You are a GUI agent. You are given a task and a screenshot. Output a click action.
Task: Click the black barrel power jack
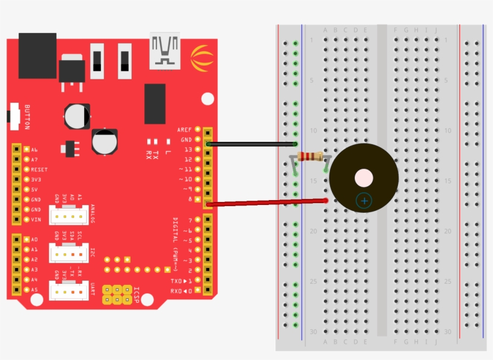(37, 55)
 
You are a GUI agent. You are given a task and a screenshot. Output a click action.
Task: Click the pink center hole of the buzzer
(364, 178)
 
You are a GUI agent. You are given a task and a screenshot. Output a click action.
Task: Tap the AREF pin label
(184, 130)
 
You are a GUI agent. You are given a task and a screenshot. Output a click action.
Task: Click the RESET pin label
(39, 169)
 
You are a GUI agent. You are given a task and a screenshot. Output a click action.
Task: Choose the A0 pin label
(34, 239)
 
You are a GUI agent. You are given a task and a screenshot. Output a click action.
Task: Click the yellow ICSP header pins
(117, 294)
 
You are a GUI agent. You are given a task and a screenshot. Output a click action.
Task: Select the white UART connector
(68, 291)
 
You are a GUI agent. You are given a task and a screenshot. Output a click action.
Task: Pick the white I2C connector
(68, 253)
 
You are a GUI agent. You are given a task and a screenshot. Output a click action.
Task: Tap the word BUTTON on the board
(27, 117)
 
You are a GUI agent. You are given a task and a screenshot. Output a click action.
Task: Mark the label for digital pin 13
(188, 149)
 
